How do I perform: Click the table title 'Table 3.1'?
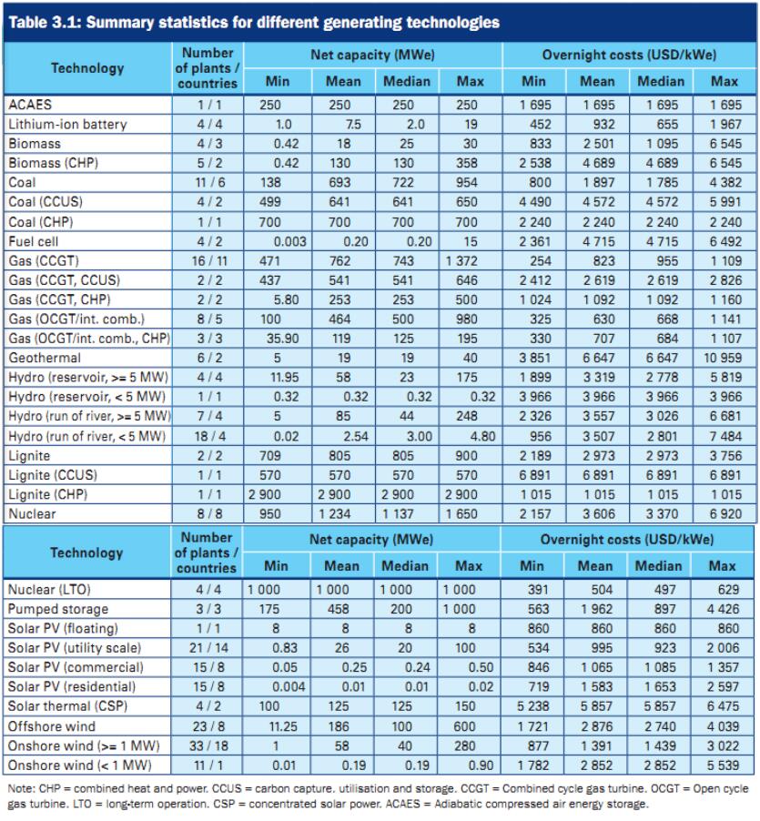pos(40,23)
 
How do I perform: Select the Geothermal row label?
pos(44,358)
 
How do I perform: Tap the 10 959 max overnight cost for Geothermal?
pos(724,358)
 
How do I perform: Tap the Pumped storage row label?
pos(57,609)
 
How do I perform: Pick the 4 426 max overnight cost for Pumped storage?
pos(724,609)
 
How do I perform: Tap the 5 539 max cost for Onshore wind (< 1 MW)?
pos(724,765)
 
